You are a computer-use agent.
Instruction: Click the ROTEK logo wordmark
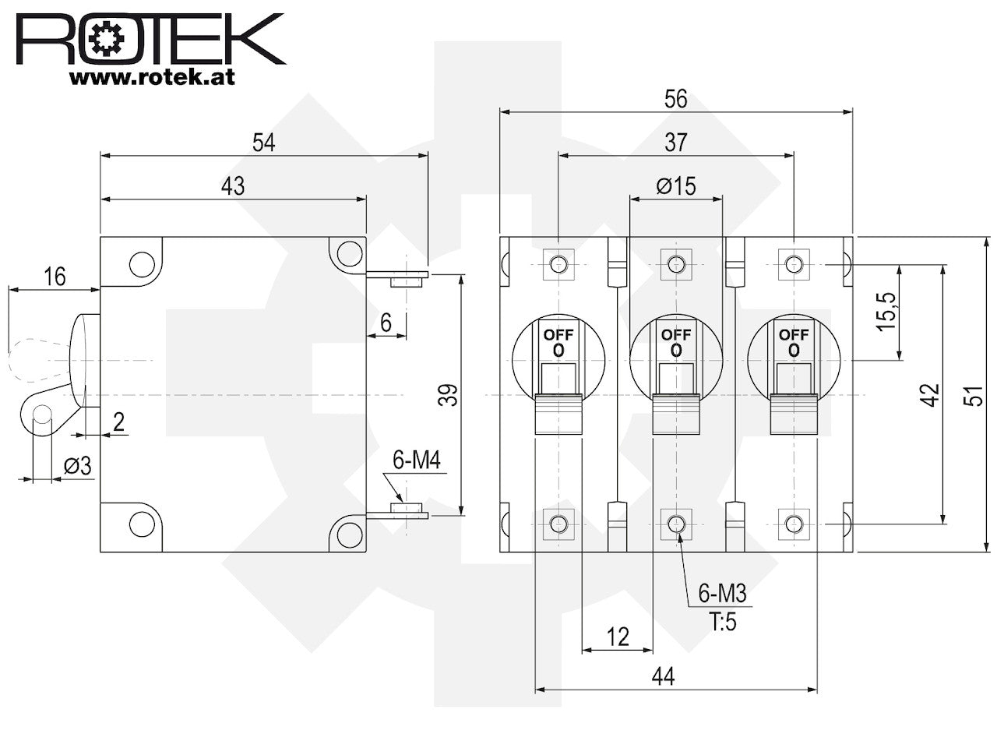coord(150,39)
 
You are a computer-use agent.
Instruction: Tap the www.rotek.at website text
coord(152,77)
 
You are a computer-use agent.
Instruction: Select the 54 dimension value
coord(264,143)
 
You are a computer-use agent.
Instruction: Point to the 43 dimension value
coord(233,186)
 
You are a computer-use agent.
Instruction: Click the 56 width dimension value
coord(676,99)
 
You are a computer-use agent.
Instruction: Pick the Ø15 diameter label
coord(676,186)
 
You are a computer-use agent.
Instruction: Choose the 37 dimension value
coord(676,143)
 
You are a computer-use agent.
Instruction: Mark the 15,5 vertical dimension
coord(886,312)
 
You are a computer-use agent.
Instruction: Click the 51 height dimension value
coord(974,396)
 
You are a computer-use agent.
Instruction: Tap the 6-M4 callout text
coord(417,460)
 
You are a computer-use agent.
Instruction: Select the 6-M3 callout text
coord(722,593)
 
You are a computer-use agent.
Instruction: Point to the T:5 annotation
coord(723,622)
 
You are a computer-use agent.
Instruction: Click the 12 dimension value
coord(618,637)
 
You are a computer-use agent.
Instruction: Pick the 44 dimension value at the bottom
coord(663,676)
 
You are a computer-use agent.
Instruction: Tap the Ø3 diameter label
coord(78,465)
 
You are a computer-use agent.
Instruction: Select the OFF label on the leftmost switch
coord(558,335)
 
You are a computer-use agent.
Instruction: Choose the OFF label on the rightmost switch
coord(794,335)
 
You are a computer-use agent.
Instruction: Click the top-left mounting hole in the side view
coord(143,264)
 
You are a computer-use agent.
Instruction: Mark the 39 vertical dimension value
coord(449,395)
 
